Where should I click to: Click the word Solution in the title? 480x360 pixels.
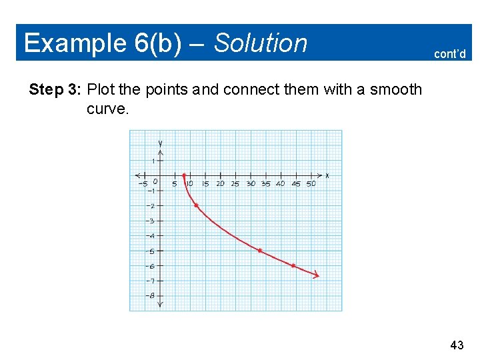coord(261,43)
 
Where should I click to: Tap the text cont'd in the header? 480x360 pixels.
coord(449,54)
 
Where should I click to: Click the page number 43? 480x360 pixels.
coord(457,345)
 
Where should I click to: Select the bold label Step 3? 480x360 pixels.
coord(55,89)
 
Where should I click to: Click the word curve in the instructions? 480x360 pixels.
coord(107,108)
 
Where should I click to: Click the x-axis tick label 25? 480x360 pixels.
coord(235,184)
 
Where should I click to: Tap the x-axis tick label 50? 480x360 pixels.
coord(311,184)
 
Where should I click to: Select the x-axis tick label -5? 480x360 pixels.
coord(142,184)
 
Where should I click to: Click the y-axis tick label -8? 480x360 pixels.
coord(151,296)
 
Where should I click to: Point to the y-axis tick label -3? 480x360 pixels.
coord(151,221)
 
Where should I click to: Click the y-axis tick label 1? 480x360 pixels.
coord(153,161)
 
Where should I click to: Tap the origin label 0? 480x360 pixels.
coord(155,181)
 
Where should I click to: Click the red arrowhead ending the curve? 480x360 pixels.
coord(316,275)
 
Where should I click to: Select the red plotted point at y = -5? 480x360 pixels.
coord(260,251)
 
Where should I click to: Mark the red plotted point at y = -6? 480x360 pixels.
coord(293,265)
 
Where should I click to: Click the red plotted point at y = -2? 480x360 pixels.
coord(196,205)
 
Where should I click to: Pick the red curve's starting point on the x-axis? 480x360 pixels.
coord(184,175)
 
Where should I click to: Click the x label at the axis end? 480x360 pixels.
coord(327,176)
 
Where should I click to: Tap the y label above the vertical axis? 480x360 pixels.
coord(161,143)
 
